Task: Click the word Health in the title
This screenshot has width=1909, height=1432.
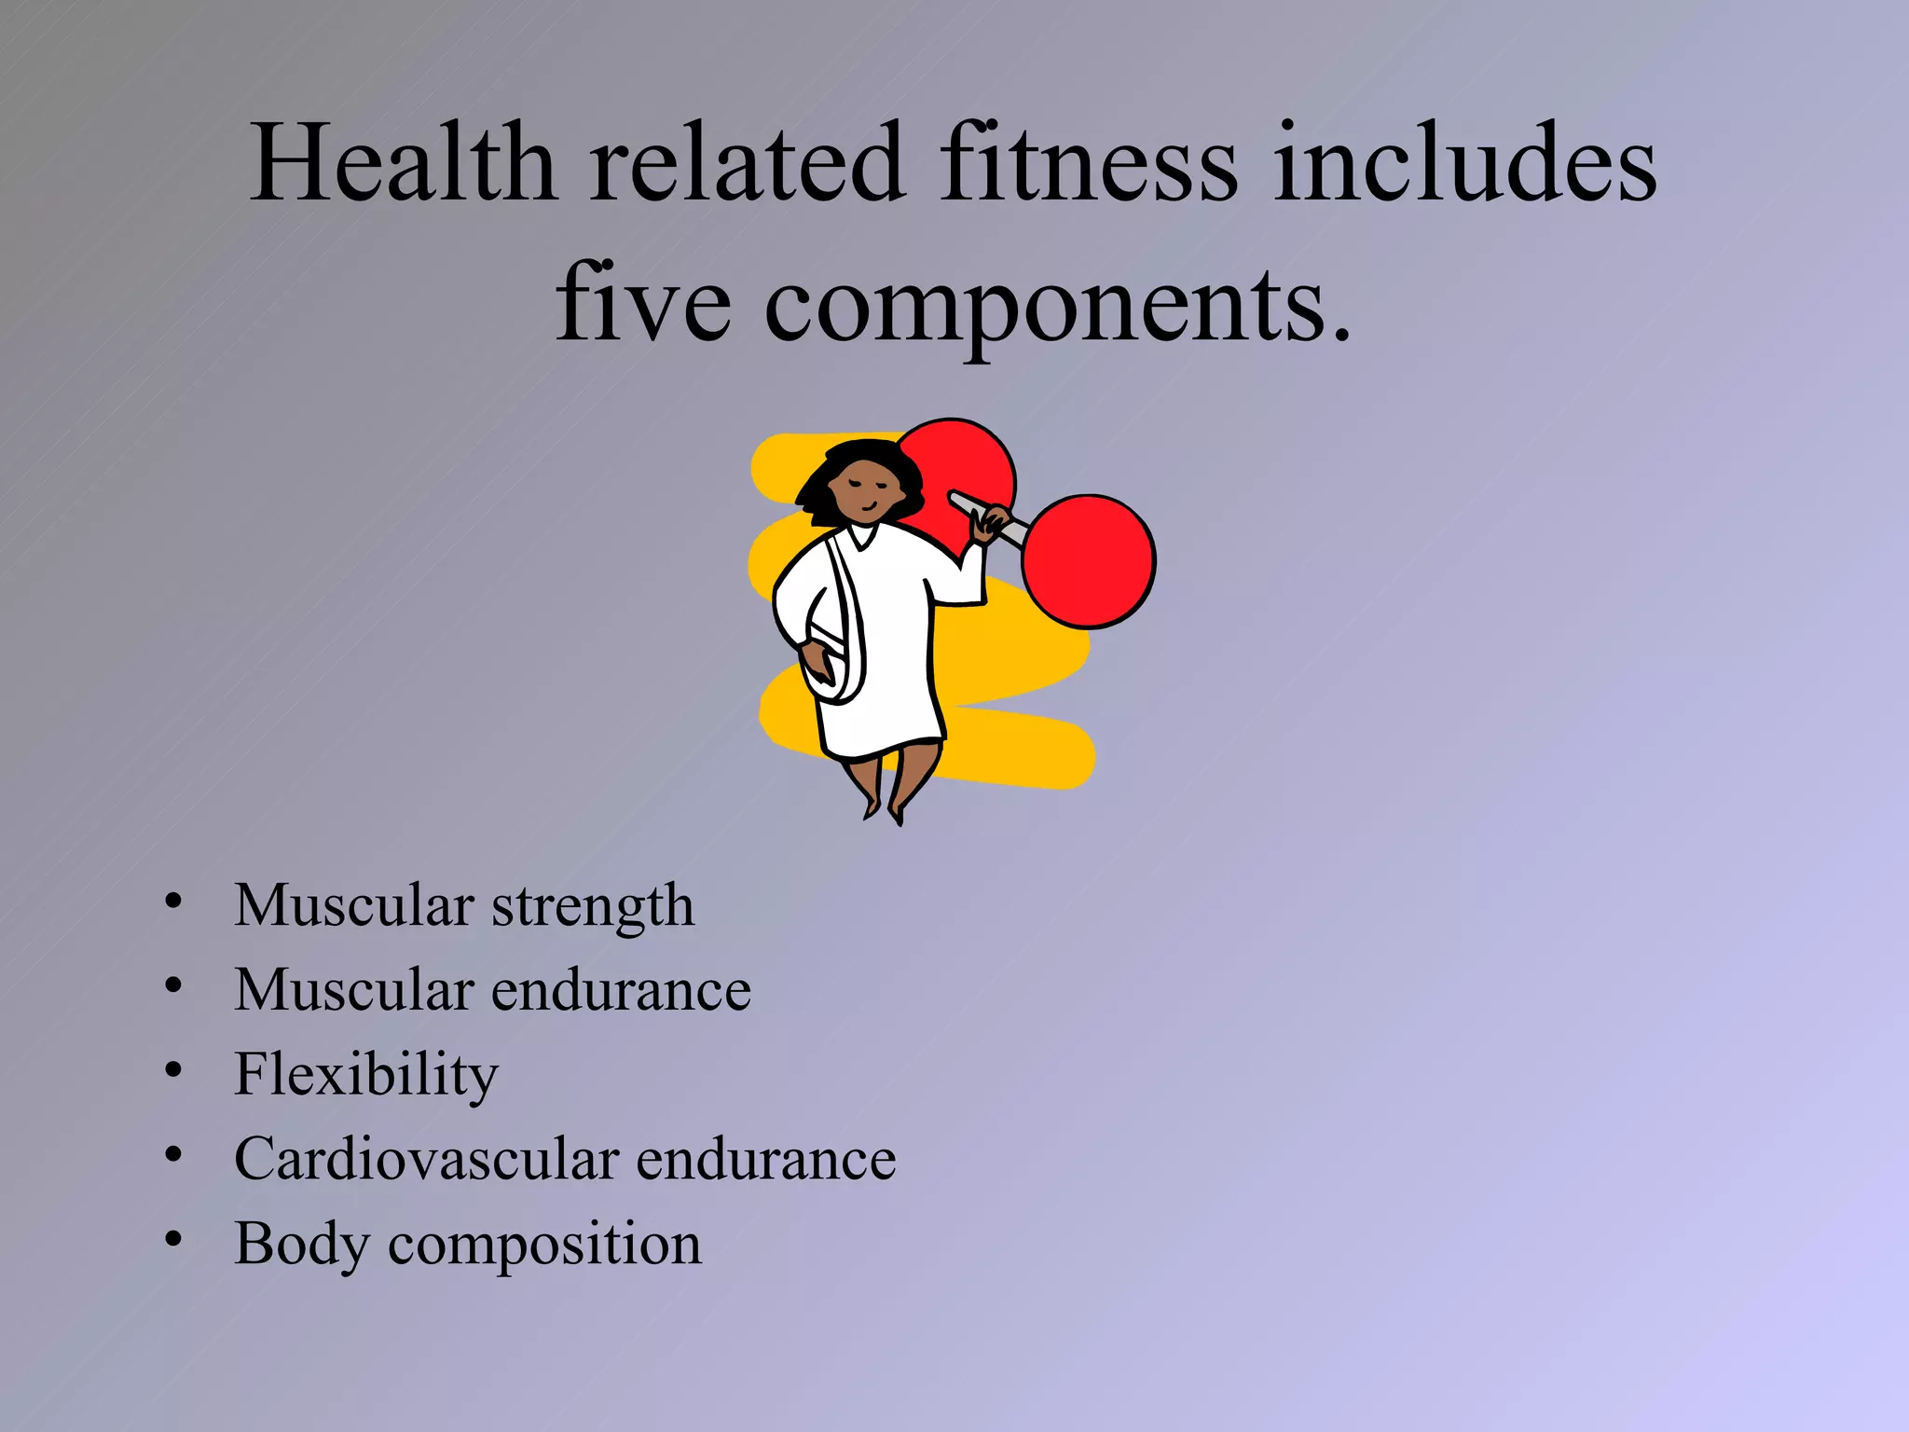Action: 403,163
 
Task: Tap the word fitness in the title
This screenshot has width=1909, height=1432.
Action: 1088,163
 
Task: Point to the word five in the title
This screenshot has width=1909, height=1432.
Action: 643,303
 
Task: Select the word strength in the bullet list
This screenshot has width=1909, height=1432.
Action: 592,906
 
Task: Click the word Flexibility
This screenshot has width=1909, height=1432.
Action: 366,1075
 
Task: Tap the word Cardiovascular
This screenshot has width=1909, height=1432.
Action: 426,1159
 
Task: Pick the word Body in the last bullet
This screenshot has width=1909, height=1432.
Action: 300,1245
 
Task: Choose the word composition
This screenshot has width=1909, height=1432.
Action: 544,1245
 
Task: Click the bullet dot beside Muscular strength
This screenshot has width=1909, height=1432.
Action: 172,901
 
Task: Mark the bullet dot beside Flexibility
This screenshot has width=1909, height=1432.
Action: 172,1070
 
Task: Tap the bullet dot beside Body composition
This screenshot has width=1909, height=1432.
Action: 172,1239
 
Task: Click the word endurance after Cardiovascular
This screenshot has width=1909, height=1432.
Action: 765,1159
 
